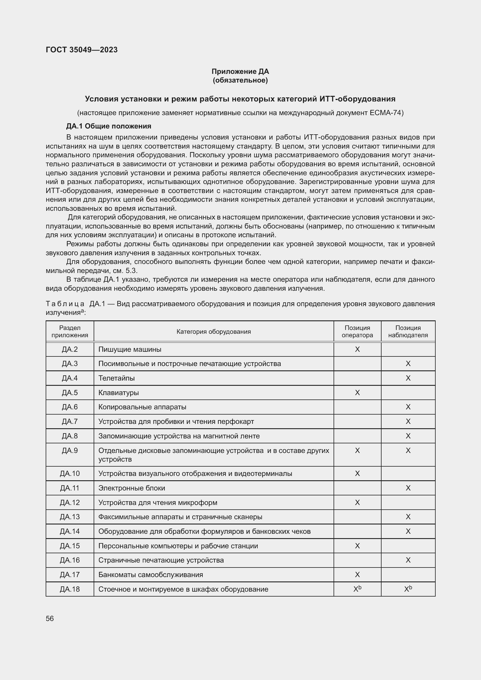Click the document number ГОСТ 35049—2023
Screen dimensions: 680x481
tap(81, 50)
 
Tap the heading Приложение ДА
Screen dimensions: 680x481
tap(240, 72)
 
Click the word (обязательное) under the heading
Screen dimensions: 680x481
tap(240, 80)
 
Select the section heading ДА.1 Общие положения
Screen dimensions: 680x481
tap(108, 126)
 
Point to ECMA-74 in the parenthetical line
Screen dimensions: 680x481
tap(386, 113)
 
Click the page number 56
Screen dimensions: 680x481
tap(50, 618)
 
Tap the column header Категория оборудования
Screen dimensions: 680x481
tap(213, 331)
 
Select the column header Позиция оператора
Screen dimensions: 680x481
tap(357, 331)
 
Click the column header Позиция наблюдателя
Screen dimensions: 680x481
tap(408, 331)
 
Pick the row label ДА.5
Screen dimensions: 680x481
tap(70, 392)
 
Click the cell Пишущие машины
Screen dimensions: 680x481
tap(130, 349)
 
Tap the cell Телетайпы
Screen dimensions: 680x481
tap(116, 378)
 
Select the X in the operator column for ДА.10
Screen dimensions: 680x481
tap(357, 473)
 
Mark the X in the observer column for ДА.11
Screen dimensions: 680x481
tap(408, 488)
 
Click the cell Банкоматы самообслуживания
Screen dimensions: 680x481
tap(150, 574)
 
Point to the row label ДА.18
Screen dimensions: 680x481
tap(70, 589)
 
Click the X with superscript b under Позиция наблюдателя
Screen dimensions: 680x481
tap(408, 589)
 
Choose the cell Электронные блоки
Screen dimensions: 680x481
tap(131, 488)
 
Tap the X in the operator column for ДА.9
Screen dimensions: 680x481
tap(357, 450)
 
